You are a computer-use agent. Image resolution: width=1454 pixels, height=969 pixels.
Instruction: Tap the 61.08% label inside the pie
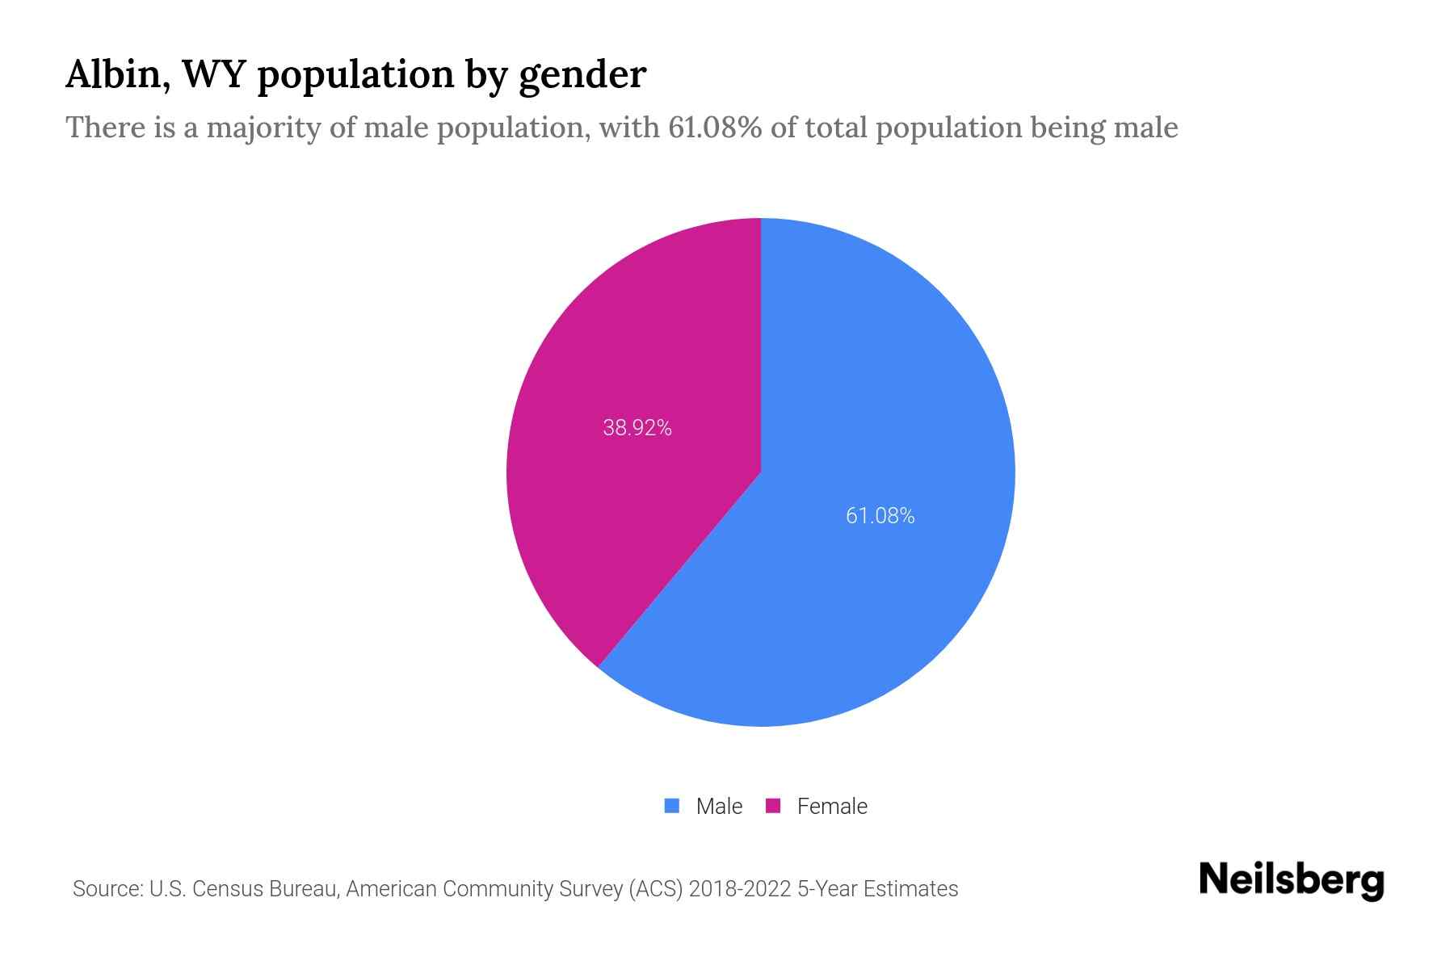coord(880,516)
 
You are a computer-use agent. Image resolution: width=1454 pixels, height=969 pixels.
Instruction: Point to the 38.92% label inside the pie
coord(637,428)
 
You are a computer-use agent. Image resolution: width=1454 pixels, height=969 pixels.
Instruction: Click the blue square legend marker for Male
coord(671,806)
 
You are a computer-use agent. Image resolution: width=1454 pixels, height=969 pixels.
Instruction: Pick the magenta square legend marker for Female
coord(773,806)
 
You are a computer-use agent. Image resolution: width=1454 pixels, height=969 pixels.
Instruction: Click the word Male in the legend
coord(719,807)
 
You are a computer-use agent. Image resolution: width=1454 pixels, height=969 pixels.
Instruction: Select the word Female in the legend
coord(832,807)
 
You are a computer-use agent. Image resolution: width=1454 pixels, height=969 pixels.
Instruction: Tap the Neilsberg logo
coord(1291,880)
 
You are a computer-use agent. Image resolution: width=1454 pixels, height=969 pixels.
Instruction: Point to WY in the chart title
coord(213,75)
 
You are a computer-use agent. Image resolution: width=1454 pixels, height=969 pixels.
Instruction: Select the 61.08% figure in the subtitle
coord(714,128)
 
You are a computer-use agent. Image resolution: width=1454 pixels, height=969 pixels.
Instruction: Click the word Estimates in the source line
coord(910,889)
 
